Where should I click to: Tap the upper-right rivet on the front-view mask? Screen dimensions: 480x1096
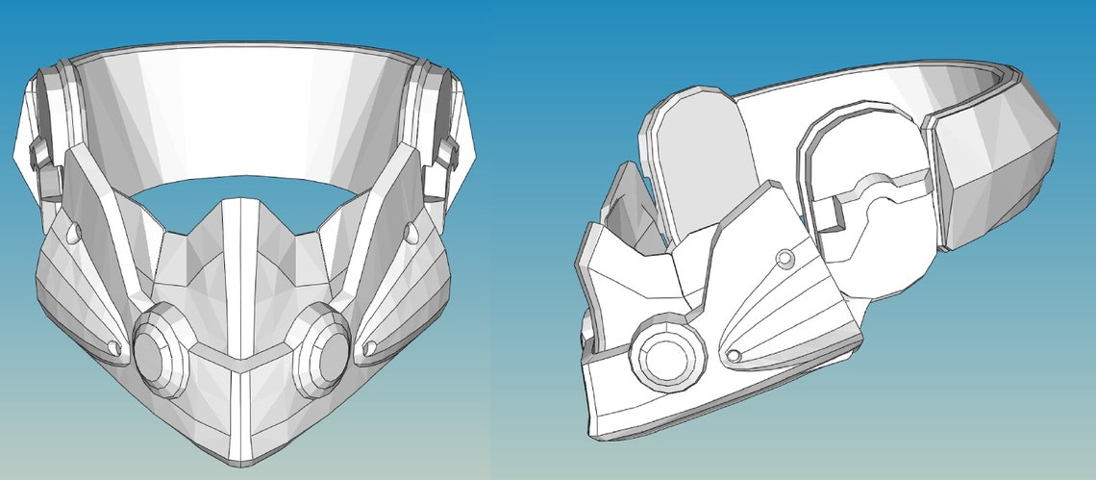[411, 232]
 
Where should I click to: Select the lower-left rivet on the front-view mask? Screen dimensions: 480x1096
[115, 346]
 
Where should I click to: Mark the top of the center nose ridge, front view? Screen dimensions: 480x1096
[238, 204]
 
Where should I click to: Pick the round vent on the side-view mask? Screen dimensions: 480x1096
[661, 357]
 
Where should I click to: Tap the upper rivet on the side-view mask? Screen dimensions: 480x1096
[785, 257]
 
